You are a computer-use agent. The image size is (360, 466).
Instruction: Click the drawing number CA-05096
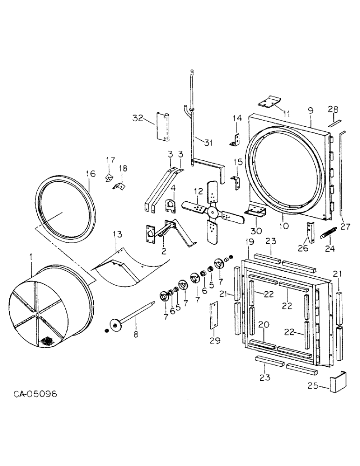pos(35,394)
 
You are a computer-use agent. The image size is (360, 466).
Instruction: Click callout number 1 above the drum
pos(31,256)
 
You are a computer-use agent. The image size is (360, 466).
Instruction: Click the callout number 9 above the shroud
pos(310,110)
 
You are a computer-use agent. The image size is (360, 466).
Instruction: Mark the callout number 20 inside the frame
pos(264,324)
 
